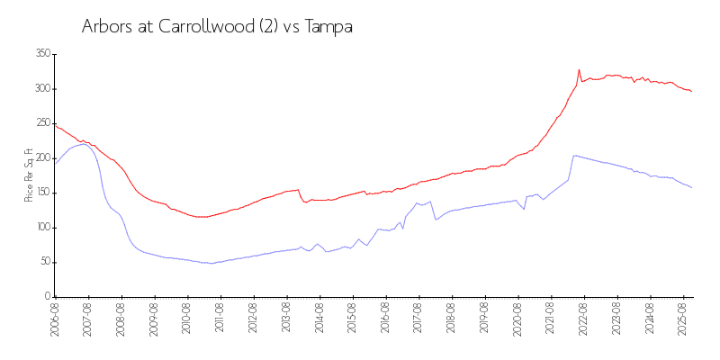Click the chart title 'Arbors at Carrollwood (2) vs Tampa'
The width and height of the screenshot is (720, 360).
[x=217, y=27]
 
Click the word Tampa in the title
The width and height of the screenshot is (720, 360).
[x=329, y=27]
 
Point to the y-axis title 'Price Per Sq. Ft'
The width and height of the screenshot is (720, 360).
[x=29, y=175]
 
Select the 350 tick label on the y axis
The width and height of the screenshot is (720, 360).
[x=42, y=54]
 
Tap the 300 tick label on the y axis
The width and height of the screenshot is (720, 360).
[x=42, y=89]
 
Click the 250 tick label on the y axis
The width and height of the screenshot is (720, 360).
[x=42, y=123]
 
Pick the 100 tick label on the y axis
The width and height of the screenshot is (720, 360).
[x=42, y=228]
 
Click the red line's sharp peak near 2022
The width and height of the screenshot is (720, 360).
[x=579, y=69]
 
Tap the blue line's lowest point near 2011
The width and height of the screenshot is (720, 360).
[x=211, y=263]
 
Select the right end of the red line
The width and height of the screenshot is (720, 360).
[x=691, y=92]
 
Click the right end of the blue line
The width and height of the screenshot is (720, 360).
[x=691, y=187]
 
